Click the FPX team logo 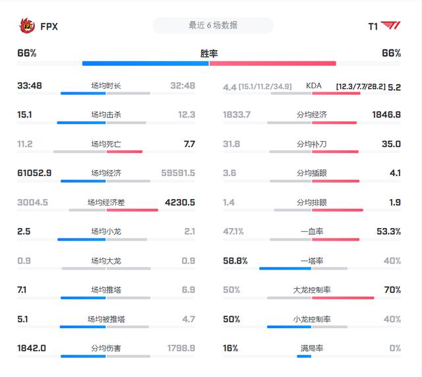[x=27, y=26]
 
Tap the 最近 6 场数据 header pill [x=212, y=26]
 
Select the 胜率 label [x=209, y=53]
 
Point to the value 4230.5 [x=179, y=202]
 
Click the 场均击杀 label [x=106, y=115]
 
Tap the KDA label [x=314, y=86]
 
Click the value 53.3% [x=387, y=231]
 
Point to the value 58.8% [x=235, y=261]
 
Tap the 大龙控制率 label [x=313, y=290]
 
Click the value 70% [x=392, y=290]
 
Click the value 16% [x=231, y=348]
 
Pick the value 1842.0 [x=31, y=348]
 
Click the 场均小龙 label [x=106, y=231]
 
